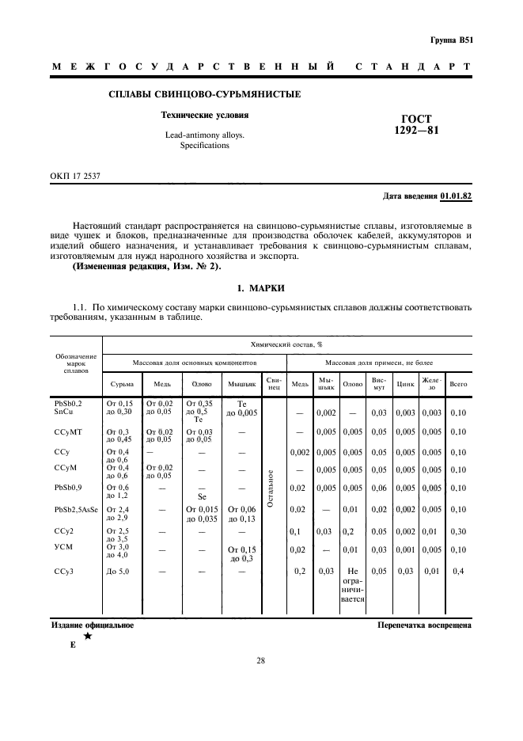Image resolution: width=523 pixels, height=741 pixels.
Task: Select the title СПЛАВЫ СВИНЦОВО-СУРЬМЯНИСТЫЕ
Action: tap(204, 96)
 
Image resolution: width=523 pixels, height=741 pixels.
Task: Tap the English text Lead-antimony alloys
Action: tap(204, 135)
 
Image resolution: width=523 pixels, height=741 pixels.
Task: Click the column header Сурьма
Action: tap(122, 384)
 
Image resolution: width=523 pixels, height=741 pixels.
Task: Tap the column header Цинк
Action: tap(406, 384)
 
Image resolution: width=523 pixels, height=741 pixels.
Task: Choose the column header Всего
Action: tap(458, 384)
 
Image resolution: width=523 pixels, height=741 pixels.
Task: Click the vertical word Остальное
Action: tap(271, 489)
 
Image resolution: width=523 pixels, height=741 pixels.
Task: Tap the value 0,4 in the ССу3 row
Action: tap(458, 571)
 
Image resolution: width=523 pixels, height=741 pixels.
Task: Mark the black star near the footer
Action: tap(88, 636)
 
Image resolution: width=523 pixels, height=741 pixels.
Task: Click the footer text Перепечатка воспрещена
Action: tap(426, 625)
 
